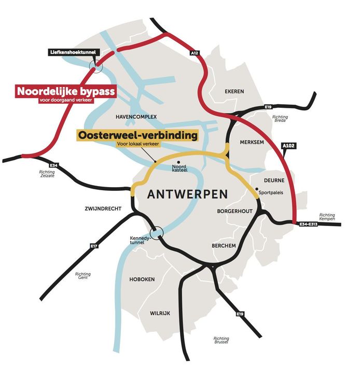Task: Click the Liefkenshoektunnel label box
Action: pos(73,52)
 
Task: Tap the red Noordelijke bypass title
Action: pos(66,91)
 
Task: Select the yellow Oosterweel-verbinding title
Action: pos(138,135)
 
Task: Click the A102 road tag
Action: pos(289,146)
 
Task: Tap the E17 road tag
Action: pos(94,246)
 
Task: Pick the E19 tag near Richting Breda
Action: pos(268,107)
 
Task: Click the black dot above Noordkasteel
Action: pos(179,162)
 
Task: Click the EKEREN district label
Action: pos(234,92)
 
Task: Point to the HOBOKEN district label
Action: pos(142,279)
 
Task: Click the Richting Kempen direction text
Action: pos(327,217)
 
